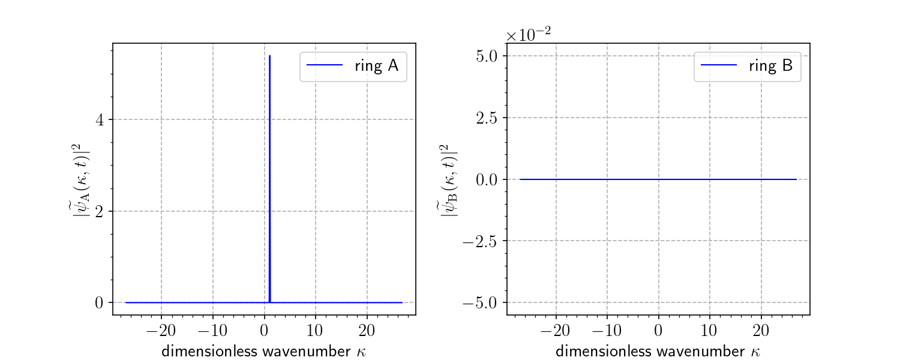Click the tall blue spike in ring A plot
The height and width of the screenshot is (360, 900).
(270, 180)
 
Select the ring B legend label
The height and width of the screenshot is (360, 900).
(771, 66)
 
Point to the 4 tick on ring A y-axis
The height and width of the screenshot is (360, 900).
(101, 119)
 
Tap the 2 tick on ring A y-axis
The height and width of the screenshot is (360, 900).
(101, 211)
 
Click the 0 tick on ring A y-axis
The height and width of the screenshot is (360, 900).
(100, 302)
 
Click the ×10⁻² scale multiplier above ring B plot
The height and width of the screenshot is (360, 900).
(528, 35)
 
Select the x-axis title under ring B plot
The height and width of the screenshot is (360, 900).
(658, 351)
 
